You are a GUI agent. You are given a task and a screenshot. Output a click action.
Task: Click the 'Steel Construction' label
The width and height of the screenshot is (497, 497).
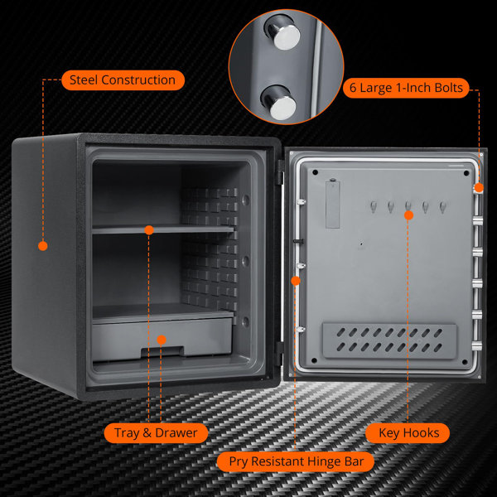coord(122,80)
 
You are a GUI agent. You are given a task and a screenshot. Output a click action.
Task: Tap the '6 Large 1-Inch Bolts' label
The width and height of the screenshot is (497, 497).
coord(407,88)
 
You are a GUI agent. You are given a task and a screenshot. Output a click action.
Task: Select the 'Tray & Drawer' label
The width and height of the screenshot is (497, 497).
coord(156,432)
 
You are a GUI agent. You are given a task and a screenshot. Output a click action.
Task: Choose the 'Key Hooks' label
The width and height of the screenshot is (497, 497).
coord(408,432)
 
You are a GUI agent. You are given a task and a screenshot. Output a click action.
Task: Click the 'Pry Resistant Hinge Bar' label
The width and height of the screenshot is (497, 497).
coord(295,461)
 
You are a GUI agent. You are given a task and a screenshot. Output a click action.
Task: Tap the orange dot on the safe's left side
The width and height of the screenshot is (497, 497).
coord(43,245)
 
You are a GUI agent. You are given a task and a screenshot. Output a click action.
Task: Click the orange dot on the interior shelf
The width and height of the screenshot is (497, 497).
coord(149,229)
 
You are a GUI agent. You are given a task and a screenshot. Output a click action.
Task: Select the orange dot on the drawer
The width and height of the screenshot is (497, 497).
coord(162,340)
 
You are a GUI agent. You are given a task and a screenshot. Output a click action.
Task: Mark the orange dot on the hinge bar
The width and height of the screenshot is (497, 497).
coord(296,282)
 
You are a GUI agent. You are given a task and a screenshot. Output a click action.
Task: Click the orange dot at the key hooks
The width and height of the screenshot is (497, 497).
coord(408,215)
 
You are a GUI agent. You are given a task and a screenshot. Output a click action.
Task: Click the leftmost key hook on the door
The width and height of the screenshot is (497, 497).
coord(373,206)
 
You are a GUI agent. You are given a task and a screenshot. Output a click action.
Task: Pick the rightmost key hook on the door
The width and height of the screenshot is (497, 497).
coord(444,206)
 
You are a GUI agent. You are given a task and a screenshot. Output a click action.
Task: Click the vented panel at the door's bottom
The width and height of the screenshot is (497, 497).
coord(388,340)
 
